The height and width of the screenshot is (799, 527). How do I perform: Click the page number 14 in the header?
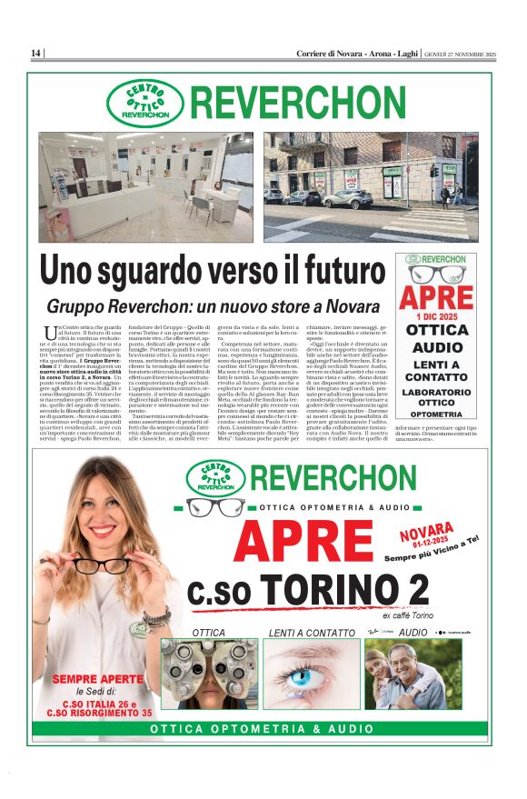point(35,54)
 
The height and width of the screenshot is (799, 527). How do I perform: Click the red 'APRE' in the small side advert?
point(436,298)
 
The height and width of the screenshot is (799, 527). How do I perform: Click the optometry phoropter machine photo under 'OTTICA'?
point(209,673)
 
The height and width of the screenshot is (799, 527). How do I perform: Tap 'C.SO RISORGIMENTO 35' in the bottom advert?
point(99,713)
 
